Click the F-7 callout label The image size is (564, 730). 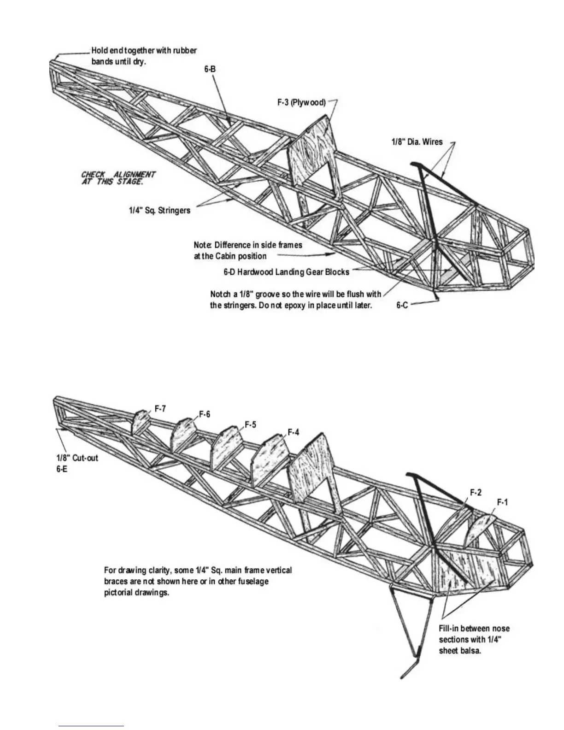point(160,408)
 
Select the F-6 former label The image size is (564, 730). point(205,414)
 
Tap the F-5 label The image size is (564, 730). point(250,424)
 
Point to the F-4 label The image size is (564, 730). point(294,432)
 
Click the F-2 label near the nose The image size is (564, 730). point(476,492)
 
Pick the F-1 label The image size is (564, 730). point(502,502)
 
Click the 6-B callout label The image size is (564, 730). point(210,69)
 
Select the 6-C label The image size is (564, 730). point(402,305)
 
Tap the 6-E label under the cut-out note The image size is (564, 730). point(62,469)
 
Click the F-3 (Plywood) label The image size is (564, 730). point(301,102)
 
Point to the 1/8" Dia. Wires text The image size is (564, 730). point(417,142)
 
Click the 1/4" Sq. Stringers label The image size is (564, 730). point(159,211)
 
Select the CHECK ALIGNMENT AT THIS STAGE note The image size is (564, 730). point(118,178)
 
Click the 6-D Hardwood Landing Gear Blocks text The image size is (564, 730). point(286,272)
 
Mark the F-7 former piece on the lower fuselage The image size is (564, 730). point(141,421)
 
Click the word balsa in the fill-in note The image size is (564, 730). point(471,651)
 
